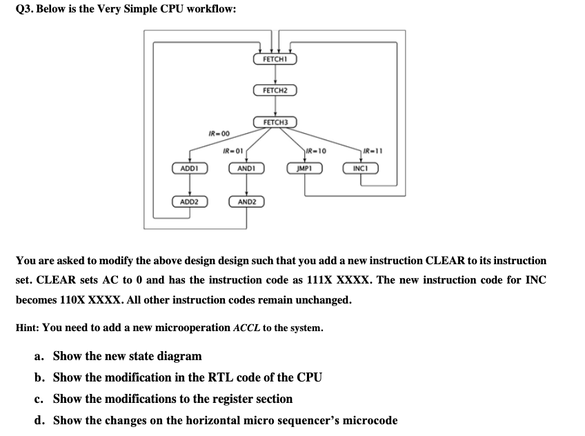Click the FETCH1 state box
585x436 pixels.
pos(275,59)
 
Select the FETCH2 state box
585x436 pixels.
pos(275,90)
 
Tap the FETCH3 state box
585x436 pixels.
pos(275,122)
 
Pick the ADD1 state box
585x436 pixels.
pos(189,168)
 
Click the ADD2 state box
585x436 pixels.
pos(189,201)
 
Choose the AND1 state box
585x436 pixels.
pos(246,168)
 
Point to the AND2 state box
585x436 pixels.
pos(246,201)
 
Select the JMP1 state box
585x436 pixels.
pos(304,168)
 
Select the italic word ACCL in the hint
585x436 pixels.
pos(246,328)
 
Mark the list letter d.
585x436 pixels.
pos(39,420)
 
